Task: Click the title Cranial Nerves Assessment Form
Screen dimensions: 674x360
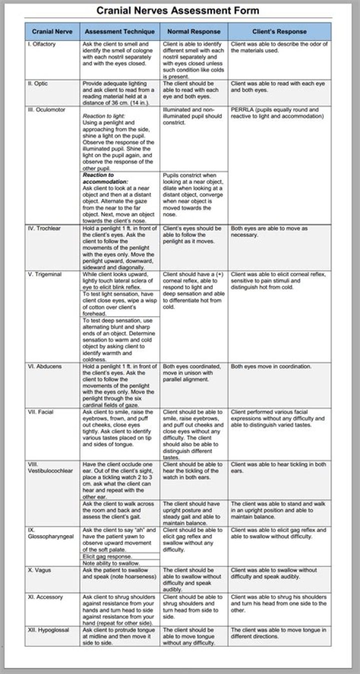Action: (x=178, y=10)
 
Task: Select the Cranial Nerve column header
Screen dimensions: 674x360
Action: (x=52, y=31)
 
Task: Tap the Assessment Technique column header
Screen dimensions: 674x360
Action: (x=119, y=31)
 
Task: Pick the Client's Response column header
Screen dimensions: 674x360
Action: (x=279, y=31)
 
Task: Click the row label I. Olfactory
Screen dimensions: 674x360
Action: (x=42, y=44)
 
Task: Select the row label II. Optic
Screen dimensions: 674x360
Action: (x=38, y=83)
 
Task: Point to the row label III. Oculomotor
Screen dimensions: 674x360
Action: (x=46, y=109)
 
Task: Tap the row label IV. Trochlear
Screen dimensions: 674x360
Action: (x=43, y=228)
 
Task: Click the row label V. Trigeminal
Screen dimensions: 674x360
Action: (x=44, y=274)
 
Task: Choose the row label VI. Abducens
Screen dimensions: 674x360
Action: (x=45, y=366)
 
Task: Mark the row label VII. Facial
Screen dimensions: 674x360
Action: (x=40, y=412)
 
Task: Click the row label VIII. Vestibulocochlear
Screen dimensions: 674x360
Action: (x=50, y=467)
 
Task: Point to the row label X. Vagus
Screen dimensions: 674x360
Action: (x=39, y=570)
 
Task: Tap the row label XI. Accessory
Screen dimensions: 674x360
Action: (x=45, y=597)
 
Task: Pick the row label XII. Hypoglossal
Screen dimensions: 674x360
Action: (x=48, y=630)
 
